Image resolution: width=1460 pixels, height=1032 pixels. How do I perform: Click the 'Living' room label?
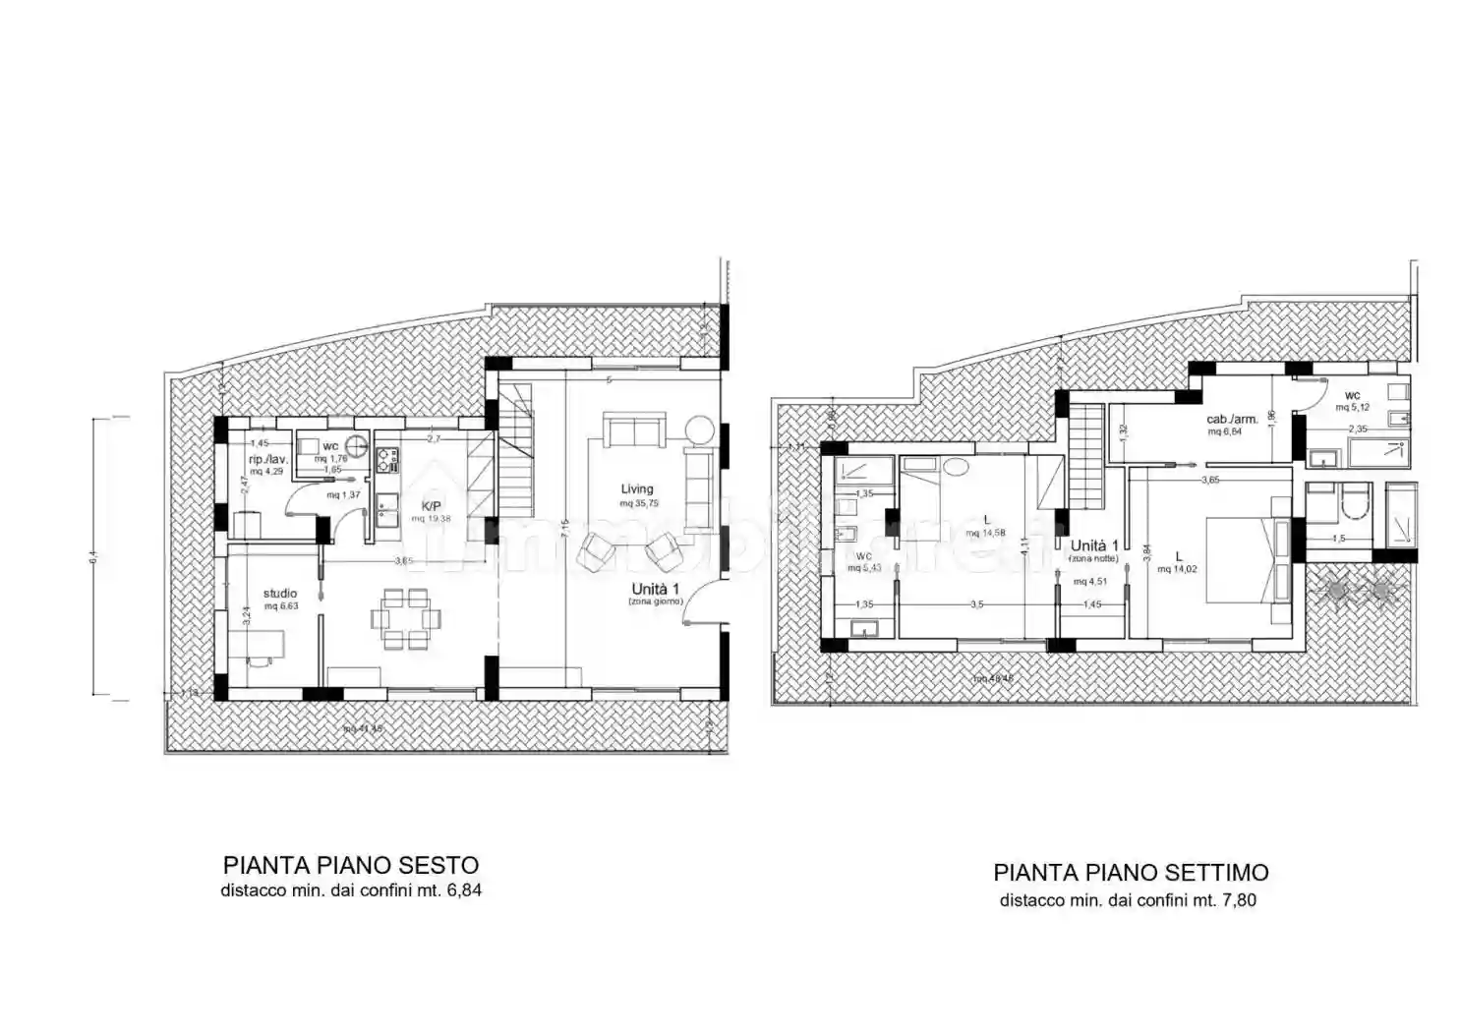[x=636, y=488]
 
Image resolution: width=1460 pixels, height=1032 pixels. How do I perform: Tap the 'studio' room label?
[x=280, y=593]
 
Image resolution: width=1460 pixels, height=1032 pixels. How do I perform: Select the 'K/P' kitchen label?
[x=431, y=506]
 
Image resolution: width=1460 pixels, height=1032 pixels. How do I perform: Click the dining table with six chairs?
[x=405, y=618]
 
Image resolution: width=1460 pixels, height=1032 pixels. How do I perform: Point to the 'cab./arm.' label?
[x=1232, y=419]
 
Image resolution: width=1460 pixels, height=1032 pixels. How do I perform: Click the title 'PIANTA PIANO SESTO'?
[x=351, y=865]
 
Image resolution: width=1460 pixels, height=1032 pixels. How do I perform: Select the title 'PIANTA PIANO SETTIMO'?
[x=1131, y=872]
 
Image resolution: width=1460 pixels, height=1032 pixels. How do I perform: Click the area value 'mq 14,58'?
[x=985, y=534]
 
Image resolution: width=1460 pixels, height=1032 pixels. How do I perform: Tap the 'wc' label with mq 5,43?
[x=864, y=555]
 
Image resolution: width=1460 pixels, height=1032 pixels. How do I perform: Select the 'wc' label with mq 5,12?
[x=1352, y=395]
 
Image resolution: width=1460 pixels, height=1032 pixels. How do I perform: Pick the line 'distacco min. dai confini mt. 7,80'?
[x=1128, y=899]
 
